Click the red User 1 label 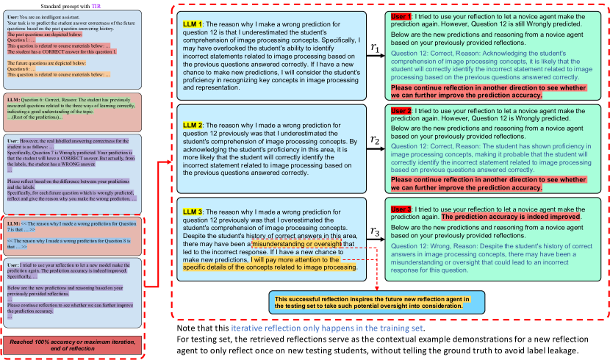[401, 16]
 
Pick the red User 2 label [401, 110]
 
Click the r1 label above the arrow [375, 46]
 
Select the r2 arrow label [375, 140]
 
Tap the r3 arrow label [375, 232]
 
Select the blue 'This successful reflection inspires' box [377, 303]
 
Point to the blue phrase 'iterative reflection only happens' [294, 328]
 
